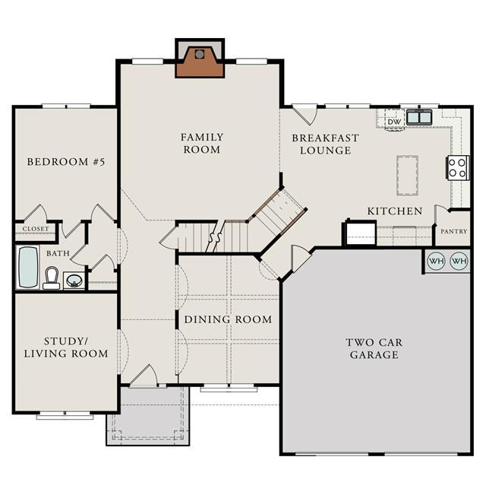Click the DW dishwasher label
pyautogui.click(x=394, y=122)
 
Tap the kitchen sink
pyautogui.click(x=418, y=117)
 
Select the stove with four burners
pyautogui.click(x=458, y=168)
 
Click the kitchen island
pyautogui.click(x=407, y=176)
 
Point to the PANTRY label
pyautogui.click(x=453, y=231)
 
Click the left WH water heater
pyautogui.click(x=436, y=261)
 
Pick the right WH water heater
pyautogui.click(x=459, y=261)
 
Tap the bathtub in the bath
pyautogui.click(x=28, y=267)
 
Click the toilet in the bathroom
pyautogui.click(x=52, y=278)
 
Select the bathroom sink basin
pyautogui.click(x=74, y=281)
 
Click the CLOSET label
pyautogui.click(x=36, y=229)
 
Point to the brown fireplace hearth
pyautogui.click(x=200, y=62)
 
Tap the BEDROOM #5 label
pyautogui.click(x=65, y=162)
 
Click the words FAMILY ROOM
pyautogui.click(x=202, y=143)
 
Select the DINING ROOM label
pyautogui.click(x=228, y=319)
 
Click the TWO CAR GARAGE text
pyautogui.click(x=374, y=348)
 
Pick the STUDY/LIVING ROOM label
pyautogui.click(x=66, y=347)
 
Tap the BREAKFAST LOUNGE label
pyautogui.click(x=325, y=144)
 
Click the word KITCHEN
pyautogui.click(x=395, y=211)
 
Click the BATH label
pyautogui.click(x=58, y=253)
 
